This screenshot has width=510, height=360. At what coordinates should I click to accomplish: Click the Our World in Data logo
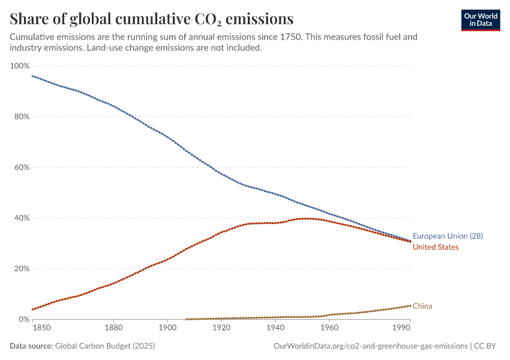tap(480, 20)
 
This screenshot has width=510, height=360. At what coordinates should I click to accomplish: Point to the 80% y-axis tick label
tap(21, 116)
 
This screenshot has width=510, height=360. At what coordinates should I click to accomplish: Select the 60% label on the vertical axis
tap(21, 167)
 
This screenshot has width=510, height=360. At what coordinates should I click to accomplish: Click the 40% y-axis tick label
tap(21, 218)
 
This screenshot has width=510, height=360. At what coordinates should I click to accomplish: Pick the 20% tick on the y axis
tap(21, 269)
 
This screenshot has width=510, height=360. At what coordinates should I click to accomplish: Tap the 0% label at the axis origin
tap(23, 319)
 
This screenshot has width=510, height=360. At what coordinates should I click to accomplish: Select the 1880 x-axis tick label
tap(113, 328)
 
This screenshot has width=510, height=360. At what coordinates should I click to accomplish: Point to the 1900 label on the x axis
tap(167, 328)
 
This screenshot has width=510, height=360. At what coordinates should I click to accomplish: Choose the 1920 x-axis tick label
tap(221, 328)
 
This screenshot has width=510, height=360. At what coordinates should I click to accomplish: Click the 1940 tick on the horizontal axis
tap(275, 328)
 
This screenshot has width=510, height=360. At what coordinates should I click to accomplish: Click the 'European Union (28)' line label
tap(448, 236)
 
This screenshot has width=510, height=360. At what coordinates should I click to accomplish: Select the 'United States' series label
tap(436, 247)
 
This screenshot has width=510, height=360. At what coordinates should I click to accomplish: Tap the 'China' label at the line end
tap(422, 306)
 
